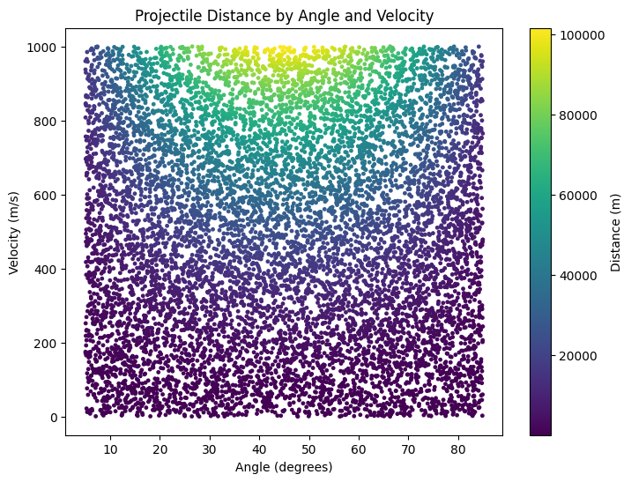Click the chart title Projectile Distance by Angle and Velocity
pos(284,16)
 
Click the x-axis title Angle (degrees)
pos(284,466)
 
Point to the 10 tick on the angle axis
pos(110,449)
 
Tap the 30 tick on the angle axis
pos(210,449)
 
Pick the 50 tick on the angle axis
pos(308,449)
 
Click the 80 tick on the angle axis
pos(457,449)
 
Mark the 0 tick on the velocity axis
pos(54,417)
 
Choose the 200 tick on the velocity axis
pos(44,343)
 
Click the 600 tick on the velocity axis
pos(44,195)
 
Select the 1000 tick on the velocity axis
pos(41,47)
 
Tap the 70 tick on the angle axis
pos(408,449)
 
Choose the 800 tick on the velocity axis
pos(44,121)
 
